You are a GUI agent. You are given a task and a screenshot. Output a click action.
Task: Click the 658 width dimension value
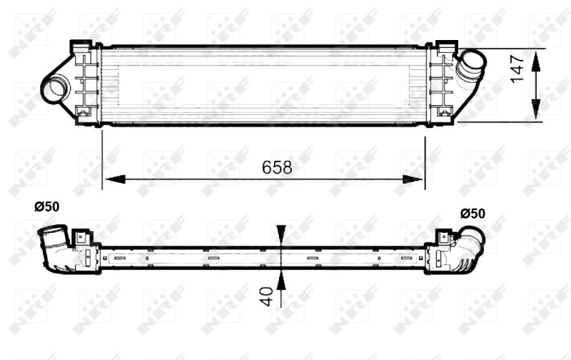277,167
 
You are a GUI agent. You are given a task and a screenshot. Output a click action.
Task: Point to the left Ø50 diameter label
47,206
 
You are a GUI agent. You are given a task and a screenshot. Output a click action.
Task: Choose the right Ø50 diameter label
473,213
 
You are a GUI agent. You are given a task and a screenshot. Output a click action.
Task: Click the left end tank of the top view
85,84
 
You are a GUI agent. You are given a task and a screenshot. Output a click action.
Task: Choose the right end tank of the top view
440,84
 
